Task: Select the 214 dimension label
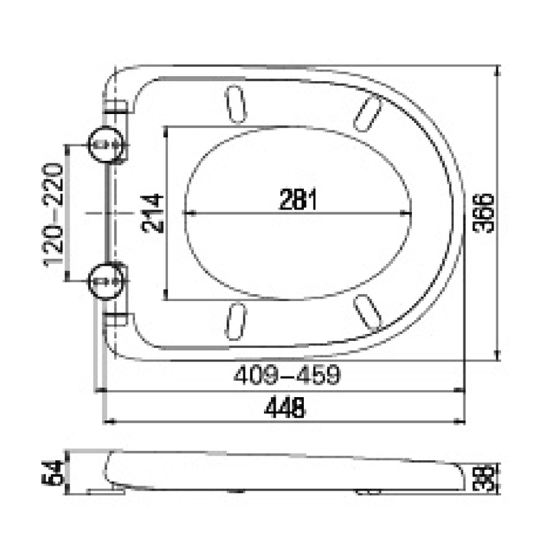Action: point(153,214)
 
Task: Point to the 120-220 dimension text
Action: point(54,215)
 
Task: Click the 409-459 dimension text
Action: point(286,376)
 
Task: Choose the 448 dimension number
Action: point(284,407)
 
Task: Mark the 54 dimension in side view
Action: point(54,472)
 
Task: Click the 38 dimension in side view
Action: point(485,478)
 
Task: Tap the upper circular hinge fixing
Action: point(105,145)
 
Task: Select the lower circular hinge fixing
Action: point(105,282)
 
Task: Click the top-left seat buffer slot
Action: point(234,103)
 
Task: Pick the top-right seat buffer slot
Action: point(368,111)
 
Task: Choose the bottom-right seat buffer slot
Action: point(368,312)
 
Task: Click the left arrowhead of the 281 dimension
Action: point(188,214)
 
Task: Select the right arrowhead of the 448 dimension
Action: point(462,421)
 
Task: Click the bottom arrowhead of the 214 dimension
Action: point(166,296)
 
